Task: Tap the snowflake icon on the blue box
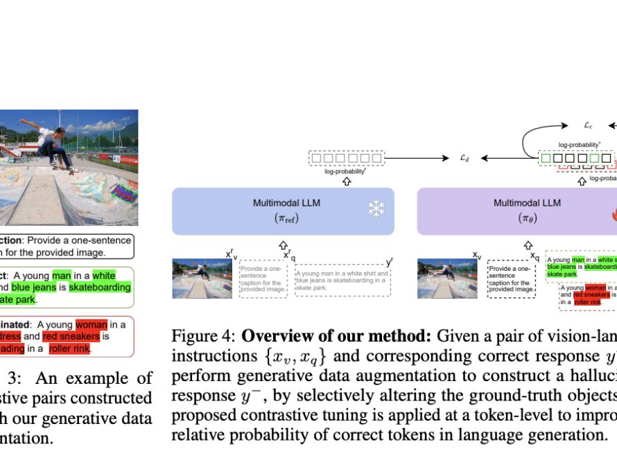tap(374, 209)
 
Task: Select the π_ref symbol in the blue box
tap(282, 218)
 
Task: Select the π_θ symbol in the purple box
tap(526, 218)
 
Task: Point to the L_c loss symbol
tap(588, 126)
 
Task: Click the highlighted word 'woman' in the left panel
tap(92, 324)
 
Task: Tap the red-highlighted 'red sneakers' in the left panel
tap(71, 336)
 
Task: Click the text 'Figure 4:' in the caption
tap(203, 337)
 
